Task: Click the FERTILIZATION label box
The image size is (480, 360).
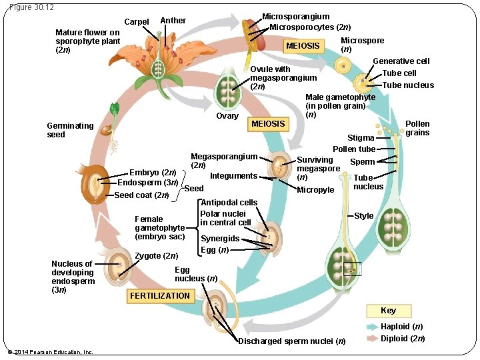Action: tap(160, 295)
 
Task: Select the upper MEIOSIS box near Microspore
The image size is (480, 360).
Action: tap(303, 46)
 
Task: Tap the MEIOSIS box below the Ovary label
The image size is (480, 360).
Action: tap(268, 123)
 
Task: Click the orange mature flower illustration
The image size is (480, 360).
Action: tap(159, 61)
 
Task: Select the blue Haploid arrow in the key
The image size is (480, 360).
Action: tap(371, 327)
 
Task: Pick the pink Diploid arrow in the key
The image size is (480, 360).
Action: tap(371, 338)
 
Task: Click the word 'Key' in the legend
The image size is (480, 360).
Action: tap(388, 311)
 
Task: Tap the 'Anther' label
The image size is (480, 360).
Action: tap(173, 21)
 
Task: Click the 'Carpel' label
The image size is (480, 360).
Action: tap(137, 22)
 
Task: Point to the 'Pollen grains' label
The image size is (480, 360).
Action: tap(417, 128)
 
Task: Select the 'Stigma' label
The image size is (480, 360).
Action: tap(361, 138)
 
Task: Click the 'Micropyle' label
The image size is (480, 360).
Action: tap(315, 190)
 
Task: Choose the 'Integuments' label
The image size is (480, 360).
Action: tap(233, 176)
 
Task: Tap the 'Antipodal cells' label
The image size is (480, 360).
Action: tap(229, 202)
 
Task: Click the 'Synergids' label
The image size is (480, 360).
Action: tap(220, 239)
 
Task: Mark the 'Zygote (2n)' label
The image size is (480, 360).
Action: tap(156, 255)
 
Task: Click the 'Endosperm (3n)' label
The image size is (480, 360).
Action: tap(147, 183)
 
